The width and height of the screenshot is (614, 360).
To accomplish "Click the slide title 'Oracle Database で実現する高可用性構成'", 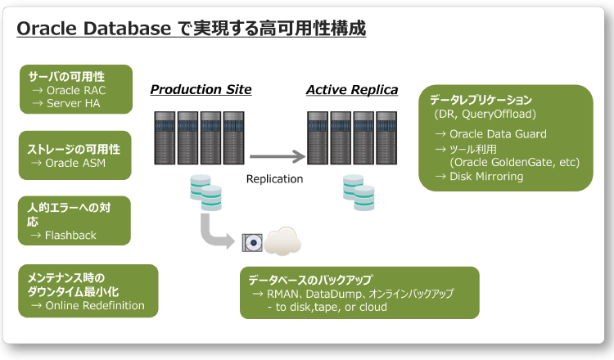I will [191, 28].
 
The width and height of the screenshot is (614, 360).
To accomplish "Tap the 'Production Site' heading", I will [201, 89].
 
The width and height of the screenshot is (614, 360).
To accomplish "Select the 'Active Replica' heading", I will [352, 89].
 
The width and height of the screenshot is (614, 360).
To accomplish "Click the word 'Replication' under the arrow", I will [274, 178].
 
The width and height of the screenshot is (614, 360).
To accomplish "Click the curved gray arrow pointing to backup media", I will [216, 232].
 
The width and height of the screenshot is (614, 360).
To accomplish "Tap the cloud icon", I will [282, 241].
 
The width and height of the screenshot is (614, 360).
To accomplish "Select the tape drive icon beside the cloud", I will [251, 242].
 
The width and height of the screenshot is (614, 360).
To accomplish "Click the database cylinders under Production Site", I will [205, 192].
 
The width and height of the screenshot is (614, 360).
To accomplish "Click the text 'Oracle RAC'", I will [76, 90].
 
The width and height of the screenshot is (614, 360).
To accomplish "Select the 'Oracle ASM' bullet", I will [75, 163].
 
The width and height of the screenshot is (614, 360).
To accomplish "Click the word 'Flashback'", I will [70, 235].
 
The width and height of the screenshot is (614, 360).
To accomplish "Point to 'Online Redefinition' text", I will [94, 306].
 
